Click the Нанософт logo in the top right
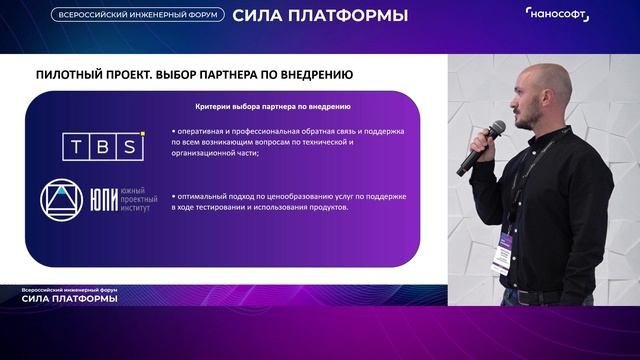coord(557,14)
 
